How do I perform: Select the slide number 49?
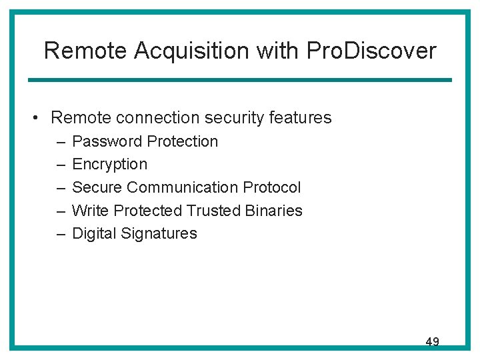[432, 342]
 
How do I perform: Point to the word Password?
[107, 141]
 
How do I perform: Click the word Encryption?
[109, 165]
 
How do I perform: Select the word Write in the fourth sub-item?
[90, 211]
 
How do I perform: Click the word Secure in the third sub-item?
[97, 187]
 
